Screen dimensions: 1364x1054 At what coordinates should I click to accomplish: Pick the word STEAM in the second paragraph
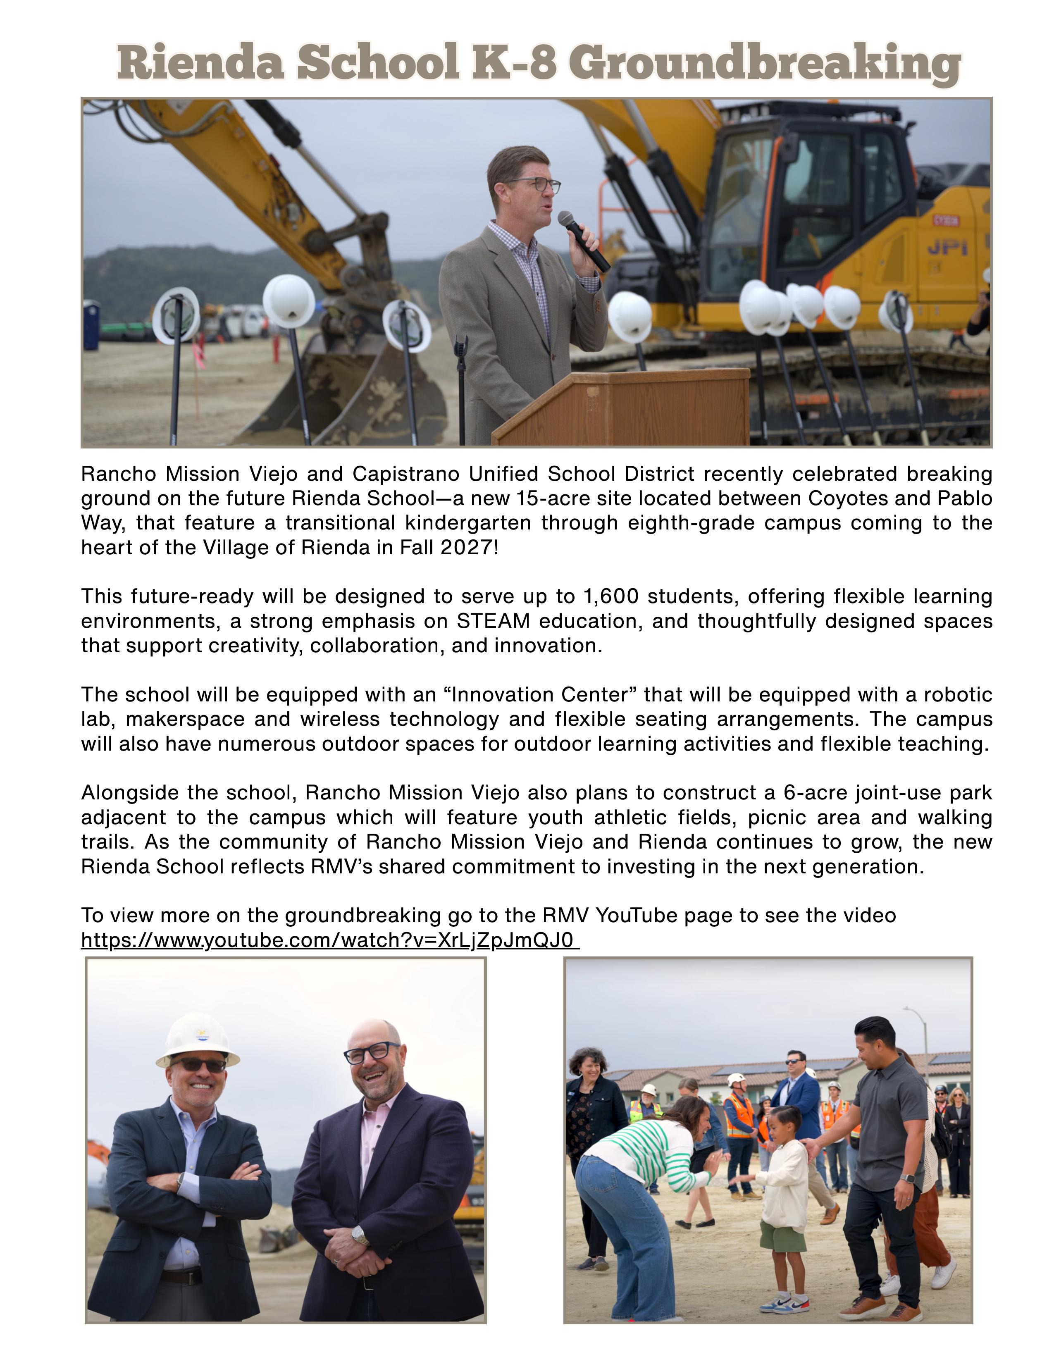coord(493,621)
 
